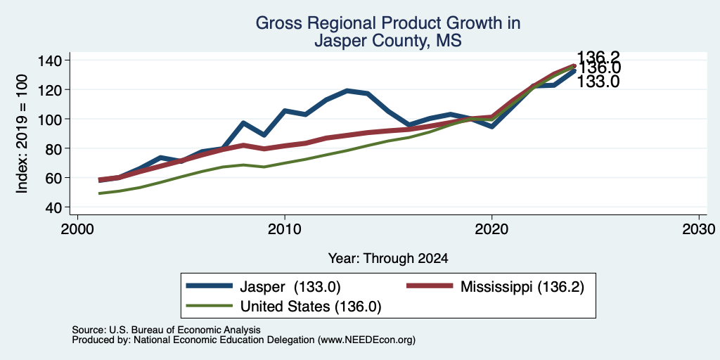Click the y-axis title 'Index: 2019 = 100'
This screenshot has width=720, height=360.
(22, 134)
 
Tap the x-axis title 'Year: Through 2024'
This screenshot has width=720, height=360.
(388, 259)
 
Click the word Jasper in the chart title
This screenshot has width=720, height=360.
(340, 41)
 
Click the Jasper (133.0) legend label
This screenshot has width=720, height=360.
(290, 287)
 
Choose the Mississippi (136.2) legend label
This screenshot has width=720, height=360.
(522, 287)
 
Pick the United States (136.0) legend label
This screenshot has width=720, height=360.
(311, 307)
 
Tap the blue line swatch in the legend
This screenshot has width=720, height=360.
(210, 287)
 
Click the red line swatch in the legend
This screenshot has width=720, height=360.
(430, 287)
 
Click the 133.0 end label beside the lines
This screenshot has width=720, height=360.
(598, 82)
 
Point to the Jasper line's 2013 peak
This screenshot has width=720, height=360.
(347, 91)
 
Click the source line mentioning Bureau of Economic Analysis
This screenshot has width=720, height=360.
(166, 330)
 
